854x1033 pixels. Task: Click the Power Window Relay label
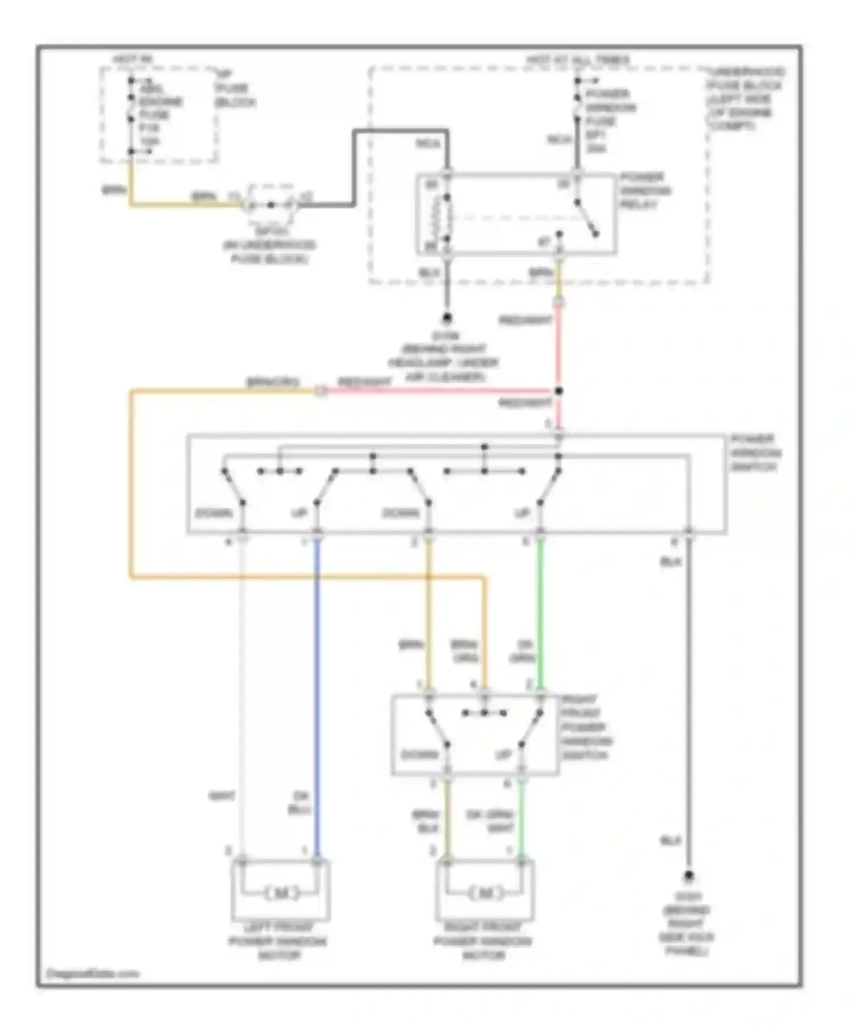pyautogui.click(x=645, y=191)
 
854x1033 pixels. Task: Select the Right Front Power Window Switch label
pyautogui.click(x=586, y=728)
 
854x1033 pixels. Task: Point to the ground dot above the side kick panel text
pyautogui.click(x=688, y=876)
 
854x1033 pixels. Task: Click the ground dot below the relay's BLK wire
pyautogui.click(x=447, y=318)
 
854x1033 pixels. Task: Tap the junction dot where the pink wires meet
pyautogui.click(x=559, y=391)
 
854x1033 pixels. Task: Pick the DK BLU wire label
pyautogui.click(x=298, y=802)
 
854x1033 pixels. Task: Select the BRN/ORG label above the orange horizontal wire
pyautogui.click(x=273, y=382)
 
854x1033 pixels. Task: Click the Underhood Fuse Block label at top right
pyautogui.click(x=745, y=99)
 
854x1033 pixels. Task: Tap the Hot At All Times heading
pyautogui.click(x=577, y=60)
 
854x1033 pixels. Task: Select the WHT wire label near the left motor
pyautogui.click(x=221, y=796)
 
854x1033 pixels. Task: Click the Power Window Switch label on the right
pyautogui.click(x=756, y=453)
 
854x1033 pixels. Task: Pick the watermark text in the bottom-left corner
pyautogui.click(x=92, y=974)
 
